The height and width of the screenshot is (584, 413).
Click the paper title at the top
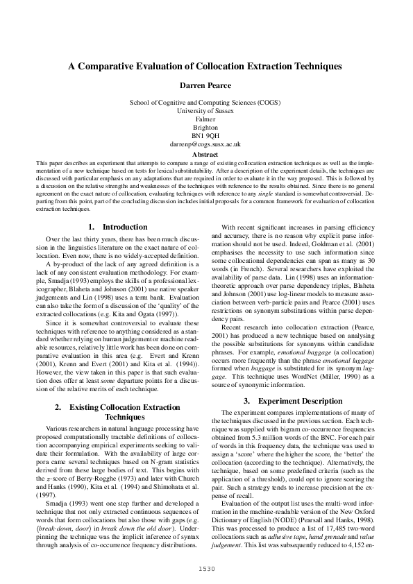[206, 67]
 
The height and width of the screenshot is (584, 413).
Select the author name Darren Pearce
[206, 86]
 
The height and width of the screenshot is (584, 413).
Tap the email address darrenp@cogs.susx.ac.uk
[206, 144]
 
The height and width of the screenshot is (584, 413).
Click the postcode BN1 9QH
[206, 136]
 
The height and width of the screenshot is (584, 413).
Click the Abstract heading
[206, 154]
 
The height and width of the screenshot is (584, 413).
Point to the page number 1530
[206, 568]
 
